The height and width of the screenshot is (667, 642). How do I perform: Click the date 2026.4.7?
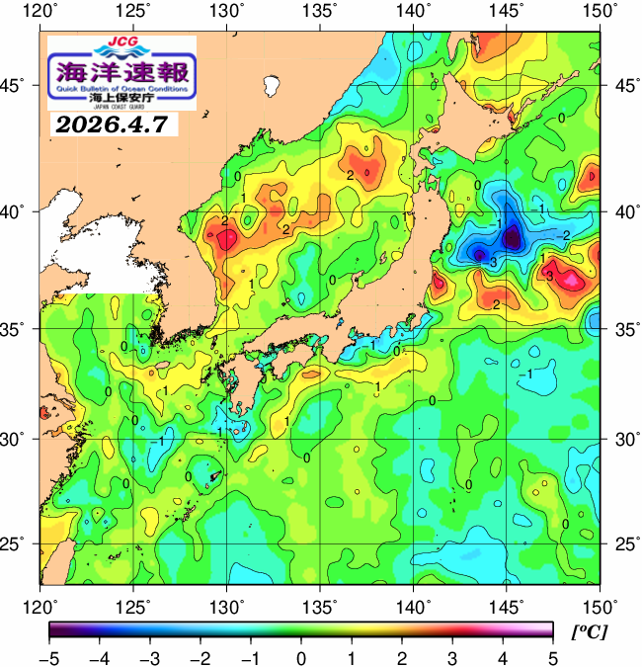111,125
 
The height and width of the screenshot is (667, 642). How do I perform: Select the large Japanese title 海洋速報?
120,72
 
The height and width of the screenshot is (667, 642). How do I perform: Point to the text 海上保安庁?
120,98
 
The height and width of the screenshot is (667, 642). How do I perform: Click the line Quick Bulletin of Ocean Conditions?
120,88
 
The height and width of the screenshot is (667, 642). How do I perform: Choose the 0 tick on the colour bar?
300,657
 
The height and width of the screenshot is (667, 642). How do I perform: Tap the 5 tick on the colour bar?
552,657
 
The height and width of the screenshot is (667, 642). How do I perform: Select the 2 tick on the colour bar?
401,657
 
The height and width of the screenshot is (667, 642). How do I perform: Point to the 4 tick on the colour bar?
502,657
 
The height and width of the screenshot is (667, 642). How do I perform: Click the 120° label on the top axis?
40,13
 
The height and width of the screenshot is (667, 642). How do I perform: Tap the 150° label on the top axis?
600,13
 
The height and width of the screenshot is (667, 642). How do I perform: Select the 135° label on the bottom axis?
320,605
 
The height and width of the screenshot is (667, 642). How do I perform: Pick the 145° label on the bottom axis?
507,605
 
